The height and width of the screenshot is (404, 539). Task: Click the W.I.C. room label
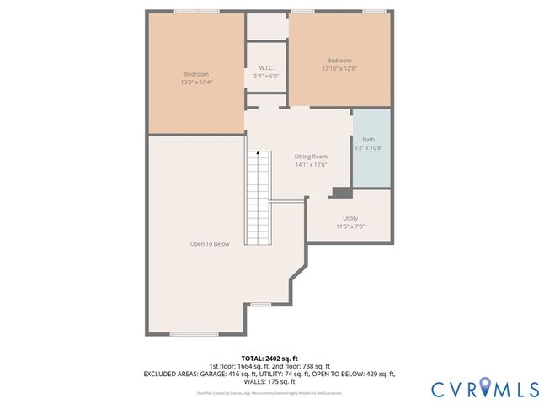(266, 67)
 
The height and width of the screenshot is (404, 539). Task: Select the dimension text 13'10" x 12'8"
(339, 69)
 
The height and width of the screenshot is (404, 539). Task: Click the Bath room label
(369, 140)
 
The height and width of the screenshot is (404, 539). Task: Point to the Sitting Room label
(310, 157)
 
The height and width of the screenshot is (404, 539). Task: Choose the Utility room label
(350, 218)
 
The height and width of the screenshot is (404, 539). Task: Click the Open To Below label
(210, 244)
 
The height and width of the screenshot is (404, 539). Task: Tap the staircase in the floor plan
(257, 198)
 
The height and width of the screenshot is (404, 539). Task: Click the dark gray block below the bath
(341, 193)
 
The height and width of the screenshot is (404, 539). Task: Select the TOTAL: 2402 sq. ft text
(269, 359)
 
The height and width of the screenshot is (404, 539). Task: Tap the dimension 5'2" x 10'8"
(369, 148)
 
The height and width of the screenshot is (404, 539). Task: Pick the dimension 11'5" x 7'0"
(350, 226)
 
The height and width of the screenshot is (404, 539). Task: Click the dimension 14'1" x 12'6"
(310, 165)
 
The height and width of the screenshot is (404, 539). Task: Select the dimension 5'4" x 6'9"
(266, 76)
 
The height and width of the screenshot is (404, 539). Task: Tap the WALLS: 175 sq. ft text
(269, 380)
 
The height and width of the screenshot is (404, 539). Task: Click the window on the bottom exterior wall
(194, 334)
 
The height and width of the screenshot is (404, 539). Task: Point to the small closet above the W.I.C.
(266, 26)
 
